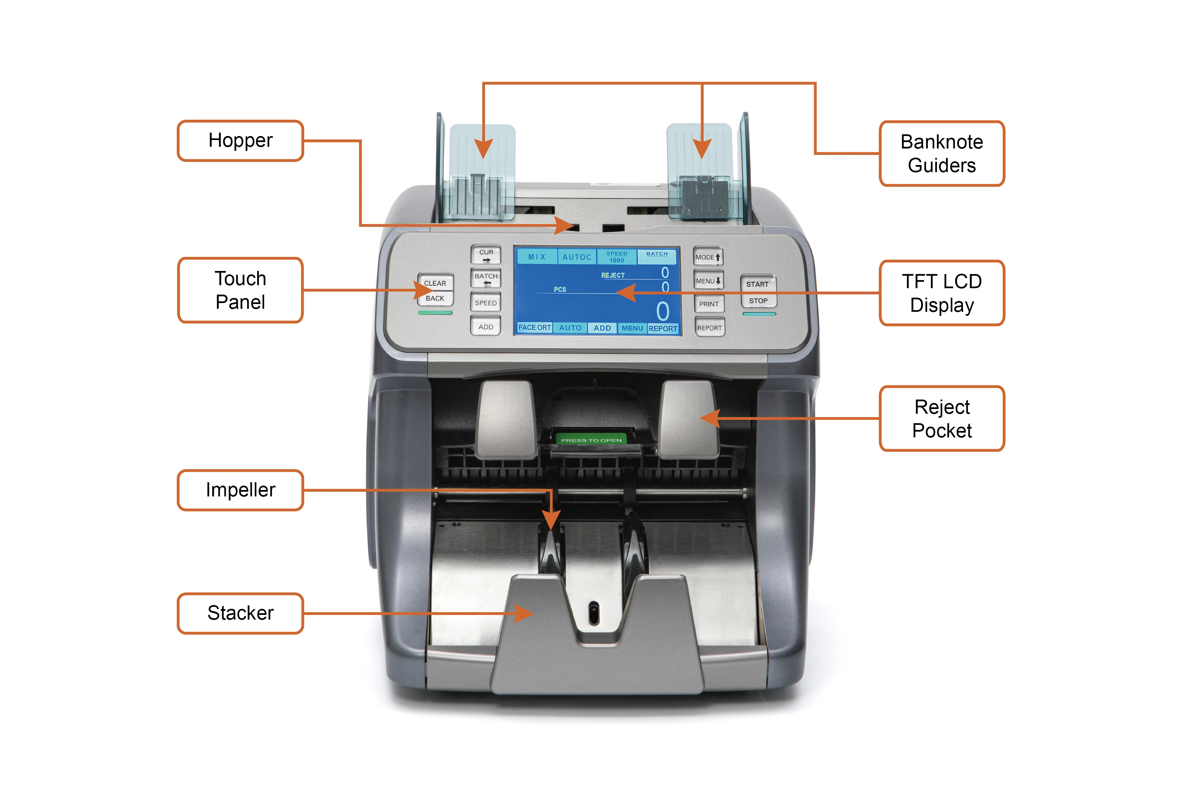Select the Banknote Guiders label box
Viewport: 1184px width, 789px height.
941,154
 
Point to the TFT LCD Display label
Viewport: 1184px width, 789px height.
941,293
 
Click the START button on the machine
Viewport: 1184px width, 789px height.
757,284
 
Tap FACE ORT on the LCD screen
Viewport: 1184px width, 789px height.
534,328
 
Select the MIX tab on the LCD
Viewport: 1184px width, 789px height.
537,256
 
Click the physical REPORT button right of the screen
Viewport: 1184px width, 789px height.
709,328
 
